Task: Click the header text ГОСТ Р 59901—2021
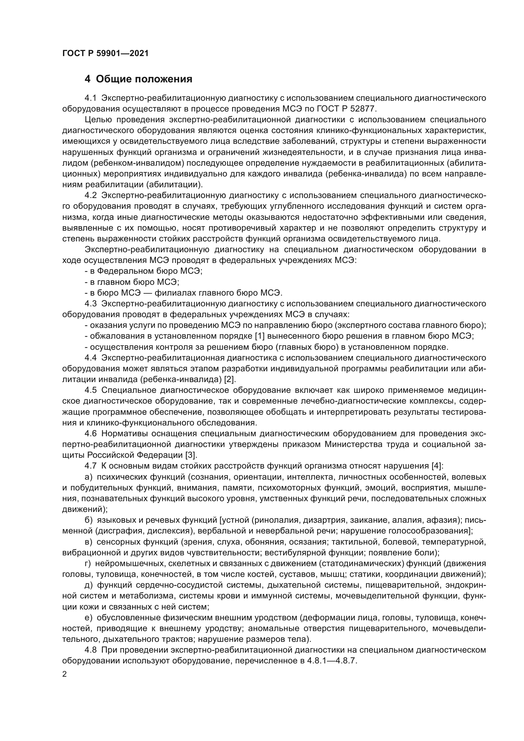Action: coord(105,54)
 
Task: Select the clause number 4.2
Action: coord(91,195)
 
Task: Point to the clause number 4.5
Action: coord(91,390)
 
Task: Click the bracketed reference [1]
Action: coord(260,336)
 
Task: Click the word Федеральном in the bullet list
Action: coord(120,271)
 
